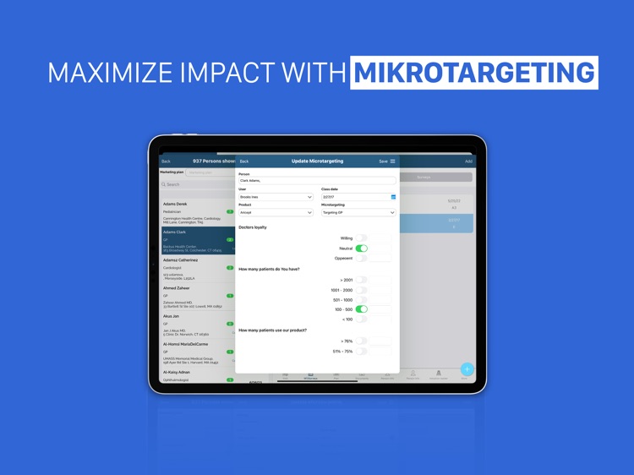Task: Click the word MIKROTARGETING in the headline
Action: click(x=474, y=72)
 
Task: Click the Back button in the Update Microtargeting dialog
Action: click(x=244, y=161)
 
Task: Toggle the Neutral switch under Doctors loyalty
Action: click(x=362, y=248)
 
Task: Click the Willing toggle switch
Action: click(x=362, y=238)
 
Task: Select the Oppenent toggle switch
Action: click(x=362, y=258)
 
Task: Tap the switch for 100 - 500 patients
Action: click(x=362, y=309)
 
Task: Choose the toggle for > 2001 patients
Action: click(x=362, y=280)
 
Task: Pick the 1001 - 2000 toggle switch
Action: click(x=362, y=290)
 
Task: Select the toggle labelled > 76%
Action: click(x=362, y=341)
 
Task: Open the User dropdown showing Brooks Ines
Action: click(x=276, y=197)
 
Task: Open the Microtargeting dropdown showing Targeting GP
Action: click(x=358, y=212)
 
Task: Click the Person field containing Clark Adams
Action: click(x=317, y=181)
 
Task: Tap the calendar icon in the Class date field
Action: click(x=393, y=197)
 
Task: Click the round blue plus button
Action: click(x=467, y=369)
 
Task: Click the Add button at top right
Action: click(x=468, y=161)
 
